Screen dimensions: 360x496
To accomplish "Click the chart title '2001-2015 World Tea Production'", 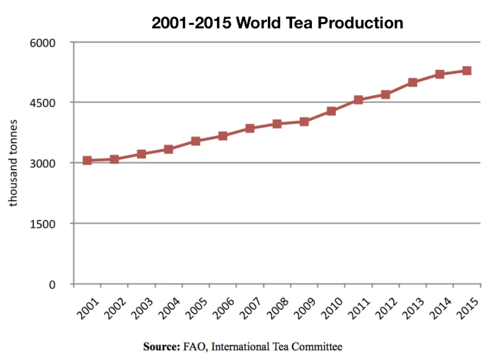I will (x=277, y=22).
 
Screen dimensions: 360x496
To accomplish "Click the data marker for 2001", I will (x=87, y=160).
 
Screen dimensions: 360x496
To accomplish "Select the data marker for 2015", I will (x=467, y=71).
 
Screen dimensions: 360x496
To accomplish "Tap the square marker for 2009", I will (x=304, y=122).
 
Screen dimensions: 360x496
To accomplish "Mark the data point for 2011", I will (x=358, y=100).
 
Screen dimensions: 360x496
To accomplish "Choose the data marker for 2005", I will (x=196, y=141).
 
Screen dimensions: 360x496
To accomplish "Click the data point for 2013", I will (x=413, y=82).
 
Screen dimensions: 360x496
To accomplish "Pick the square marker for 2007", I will (x=250, y=128).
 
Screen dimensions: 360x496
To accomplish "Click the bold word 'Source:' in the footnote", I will (x=161, y=347).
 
